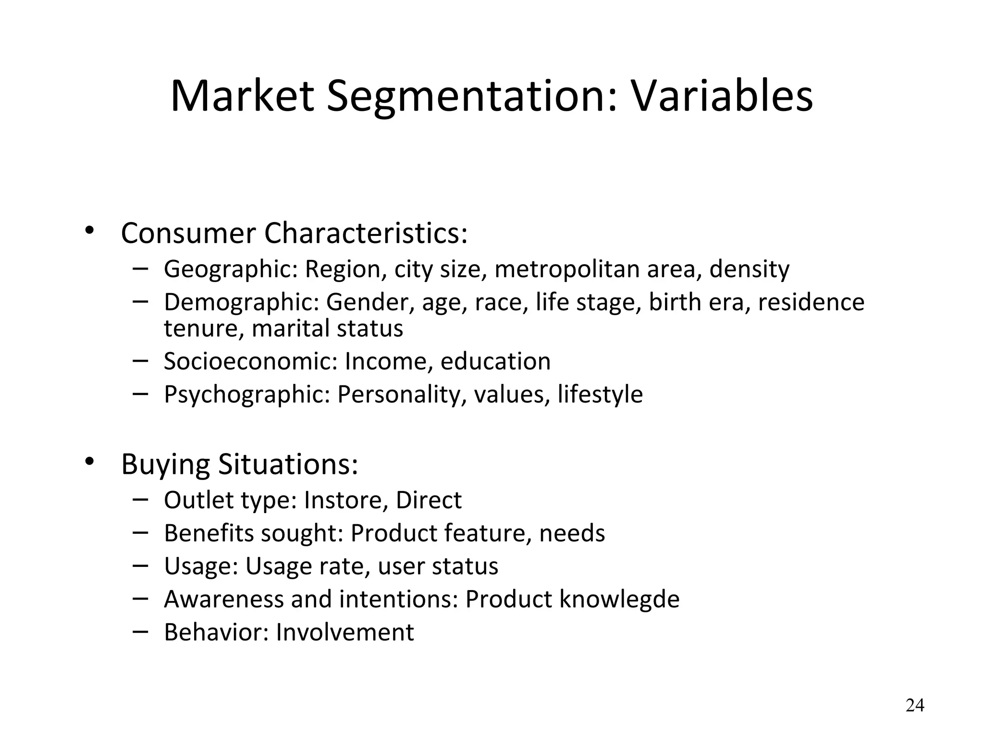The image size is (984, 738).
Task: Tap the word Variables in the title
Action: tap(721, 96)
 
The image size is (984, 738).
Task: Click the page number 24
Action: tap(914, 705)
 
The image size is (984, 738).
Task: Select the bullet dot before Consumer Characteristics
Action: tap(89, 231)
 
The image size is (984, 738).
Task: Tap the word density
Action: tap(749, 270)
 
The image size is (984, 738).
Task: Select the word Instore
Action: tap(345, 501)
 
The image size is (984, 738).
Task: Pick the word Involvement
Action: tap(344, 632)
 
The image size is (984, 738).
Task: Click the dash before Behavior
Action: tap(140, 630)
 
